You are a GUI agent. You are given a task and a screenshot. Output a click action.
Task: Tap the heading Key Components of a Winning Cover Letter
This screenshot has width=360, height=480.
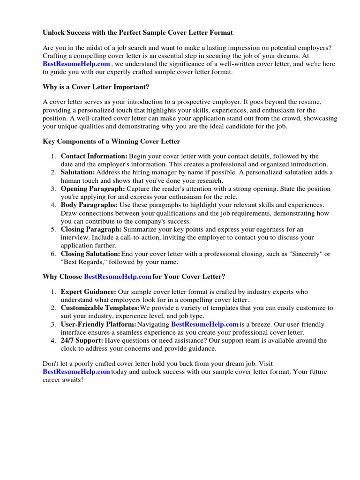coord(111,141)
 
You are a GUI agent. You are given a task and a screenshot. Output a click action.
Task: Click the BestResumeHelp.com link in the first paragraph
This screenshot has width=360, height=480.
coord(76,64)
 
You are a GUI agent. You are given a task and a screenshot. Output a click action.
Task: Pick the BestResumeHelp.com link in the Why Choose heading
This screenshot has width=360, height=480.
coord(118,277)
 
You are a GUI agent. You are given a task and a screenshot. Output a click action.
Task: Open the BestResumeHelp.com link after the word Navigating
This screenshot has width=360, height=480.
coord(205,324)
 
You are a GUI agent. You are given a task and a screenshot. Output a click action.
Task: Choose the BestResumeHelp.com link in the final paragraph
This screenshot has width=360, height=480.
coord(76,372)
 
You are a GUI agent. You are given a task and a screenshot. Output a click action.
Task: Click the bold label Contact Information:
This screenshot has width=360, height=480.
coord(94,156)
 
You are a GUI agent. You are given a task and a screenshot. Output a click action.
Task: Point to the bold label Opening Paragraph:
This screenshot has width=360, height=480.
coord(93,189)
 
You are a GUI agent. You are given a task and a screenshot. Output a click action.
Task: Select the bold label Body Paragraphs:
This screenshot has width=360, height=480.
coord(89,205)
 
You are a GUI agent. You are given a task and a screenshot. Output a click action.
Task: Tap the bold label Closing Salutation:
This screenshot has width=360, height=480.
coord(90,254)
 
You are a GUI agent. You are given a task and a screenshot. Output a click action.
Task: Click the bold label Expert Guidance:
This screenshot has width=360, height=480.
coord(89,292)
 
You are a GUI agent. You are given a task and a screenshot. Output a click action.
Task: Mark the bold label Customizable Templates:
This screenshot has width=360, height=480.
coord(100,308)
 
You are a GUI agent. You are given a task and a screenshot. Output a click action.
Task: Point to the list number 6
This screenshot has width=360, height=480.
coord(54,254)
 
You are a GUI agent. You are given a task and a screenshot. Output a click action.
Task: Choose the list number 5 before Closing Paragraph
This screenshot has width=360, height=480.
coord(54,230)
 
